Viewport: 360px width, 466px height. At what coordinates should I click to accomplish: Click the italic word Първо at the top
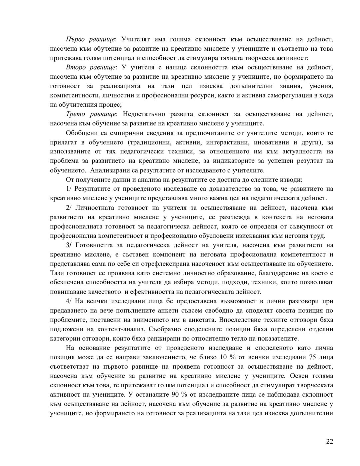tap(76, 39)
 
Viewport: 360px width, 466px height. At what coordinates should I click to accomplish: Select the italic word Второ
tap(76, 67)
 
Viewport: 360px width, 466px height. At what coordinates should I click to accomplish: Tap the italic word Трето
tap(75, 114)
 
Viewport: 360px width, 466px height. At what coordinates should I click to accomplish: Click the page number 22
tap(329, 441)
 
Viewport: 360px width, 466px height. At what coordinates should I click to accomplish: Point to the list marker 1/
tap(69, 189)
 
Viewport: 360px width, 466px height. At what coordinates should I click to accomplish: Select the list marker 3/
tap(69, 245)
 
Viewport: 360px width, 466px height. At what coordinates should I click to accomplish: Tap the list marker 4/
tap(69, 301)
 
